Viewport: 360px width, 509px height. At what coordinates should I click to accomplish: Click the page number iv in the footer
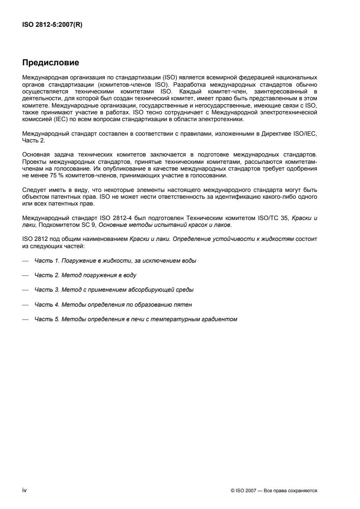point(25,490)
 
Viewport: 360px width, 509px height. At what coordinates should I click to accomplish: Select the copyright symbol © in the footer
point(232,490)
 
